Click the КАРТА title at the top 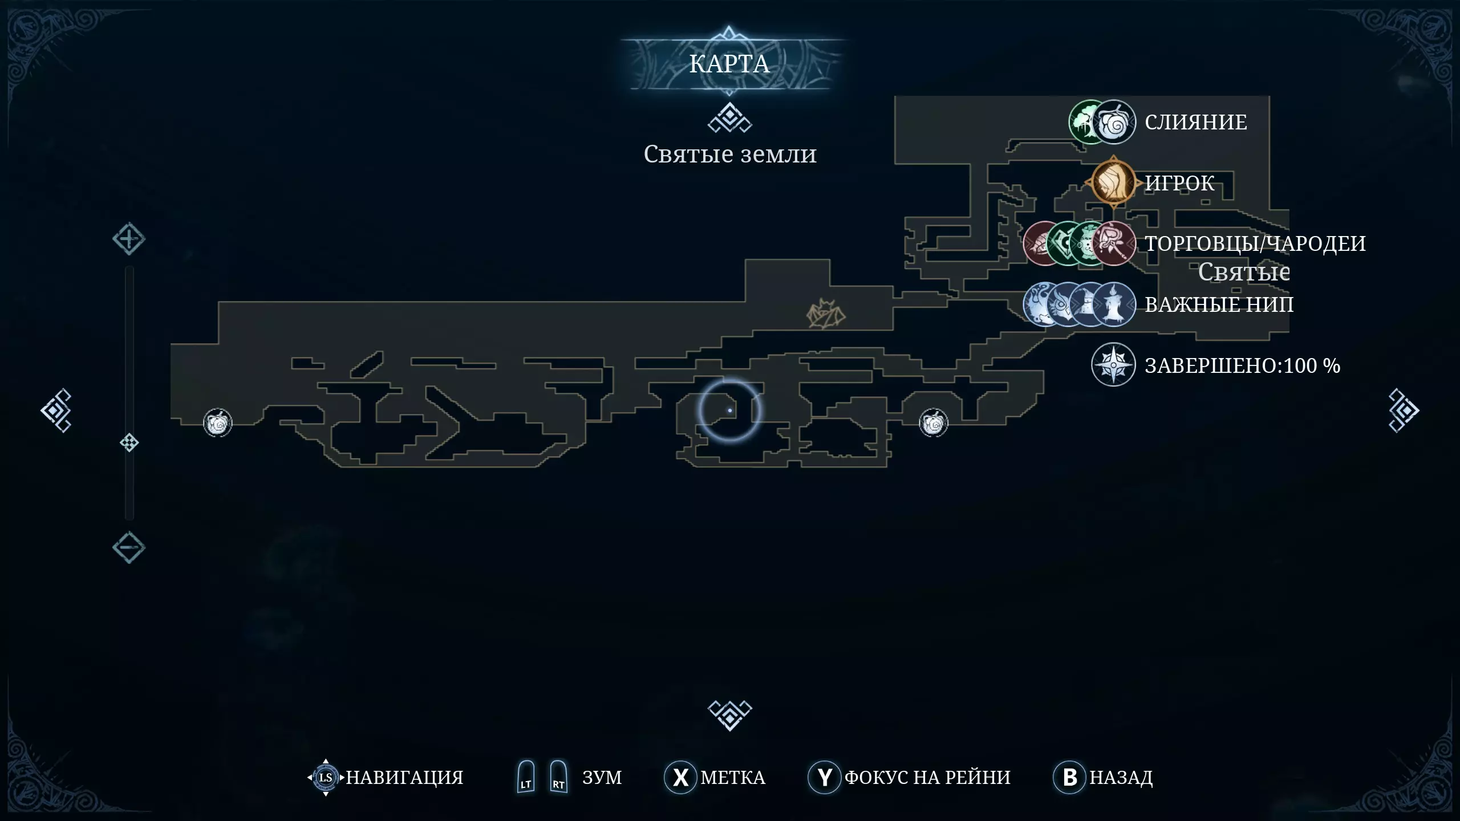click(729, 64)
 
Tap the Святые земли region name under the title click(730, 154)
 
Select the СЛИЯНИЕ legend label click(1196, 122)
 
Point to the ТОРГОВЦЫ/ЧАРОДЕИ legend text click(1255, 243)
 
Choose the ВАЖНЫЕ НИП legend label click(1219, 304)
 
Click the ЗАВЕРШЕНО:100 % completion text click(1242, 365)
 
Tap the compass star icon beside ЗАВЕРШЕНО click(1113, 365)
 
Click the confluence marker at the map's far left click(218, 423)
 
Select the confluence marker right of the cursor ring click(934, 423)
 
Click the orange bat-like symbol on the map click(825, 314)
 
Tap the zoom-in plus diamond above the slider click(129, 239)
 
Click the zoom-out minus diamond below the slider click(129, 548)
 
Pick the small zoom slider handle click(129, 442)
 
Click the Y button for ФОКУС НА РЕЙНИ click(824, 777)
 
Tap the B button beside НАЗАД click(1069, 777)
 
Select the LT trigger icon click(526, 777)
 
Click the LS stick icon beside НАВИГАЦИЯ click(326, 777)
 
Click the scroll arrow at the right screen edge click(1404, 410)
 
